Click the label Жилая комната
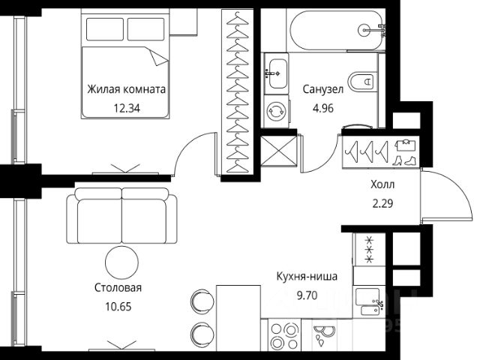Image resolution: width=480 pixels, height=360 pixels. point(127,89)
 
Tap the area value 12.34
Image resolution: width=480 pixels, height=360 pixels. point(127,108)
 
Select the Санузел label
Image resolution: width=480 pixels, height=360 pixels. point(323,89)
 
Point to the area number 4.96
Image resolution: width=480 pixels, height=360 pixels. point(323,108)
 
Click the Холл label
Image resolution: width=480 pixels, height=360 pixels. point(382,184)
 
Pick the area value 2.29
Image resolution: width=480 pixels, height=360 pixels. point(382,203)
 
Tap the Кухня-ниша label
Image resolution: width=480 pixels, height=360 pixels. point(307,277)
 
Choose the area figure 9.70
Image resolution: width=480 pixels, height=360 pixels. point(307,295)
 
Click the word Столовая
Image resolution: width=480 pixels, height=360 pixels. point(118,288)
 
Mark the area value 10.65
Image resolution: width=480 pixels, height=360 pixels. point(118,307)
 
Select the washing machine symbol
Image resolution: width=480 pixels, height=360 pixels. point(277,112)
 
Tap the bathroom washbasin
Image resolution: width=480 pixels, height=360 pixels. point(277,73)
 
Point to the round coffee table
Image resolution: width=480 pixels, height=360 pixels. point(121,262)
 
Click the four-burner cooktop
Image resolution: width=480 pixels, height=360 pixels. point(285,335)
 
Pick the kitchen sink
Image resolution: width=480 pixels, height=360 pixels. point(369,301)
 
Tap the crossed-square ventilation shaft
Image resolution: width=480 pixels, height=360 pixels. point(279,151)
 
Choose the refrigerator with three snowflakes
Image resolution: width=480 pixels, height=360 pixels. point(369,250)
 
